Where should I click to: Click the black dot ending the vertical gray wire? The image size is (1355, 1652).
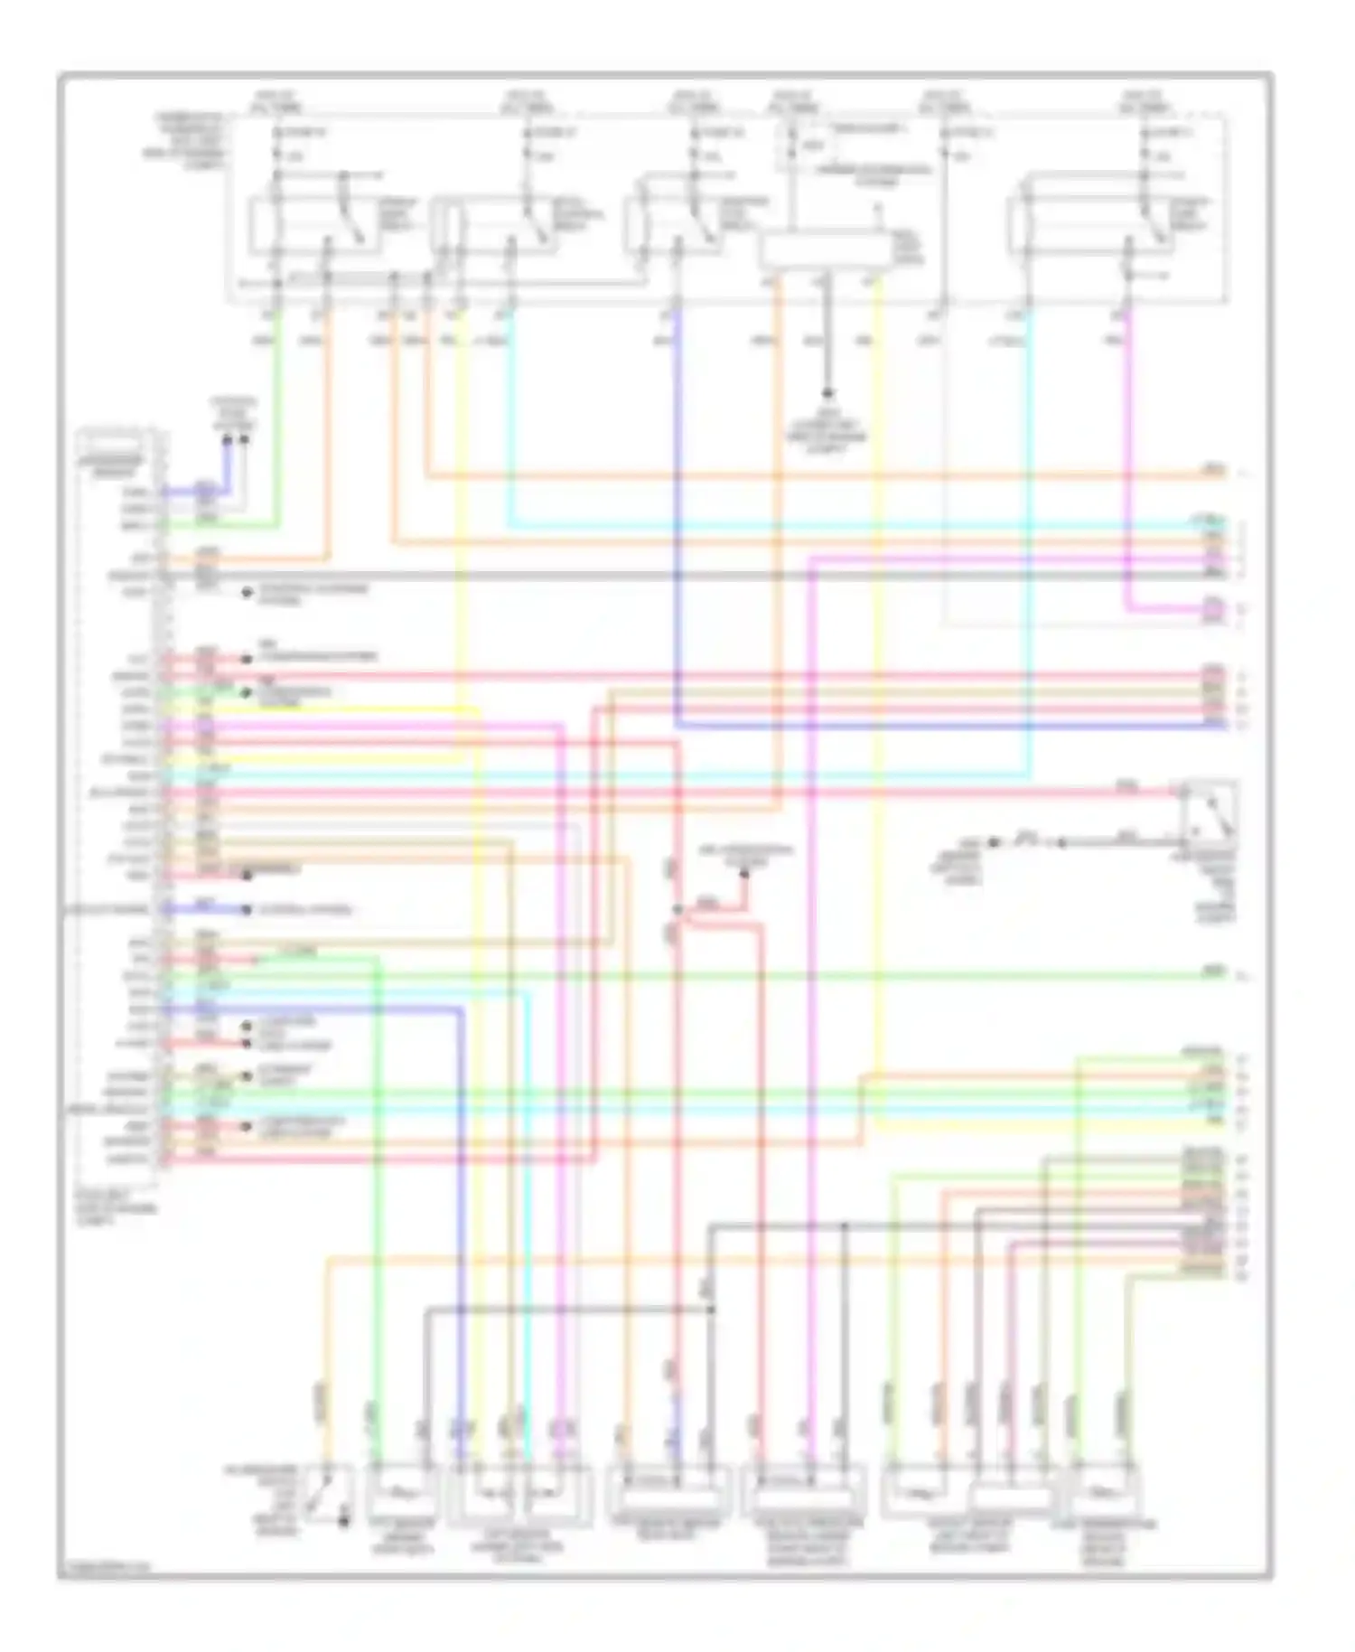(x=827, y=394)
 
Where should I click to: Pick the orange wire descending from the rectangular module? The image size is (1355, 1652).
(x=778, y=542)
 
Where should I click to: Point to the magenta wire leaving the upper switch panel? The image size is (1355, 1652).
(x=1127, y=452)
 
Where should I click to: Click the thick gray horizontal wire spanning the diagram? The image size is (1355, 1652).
(x=632, y=576)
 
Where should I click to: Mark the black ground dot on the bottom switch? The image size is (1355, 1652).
(x=344, y=1522)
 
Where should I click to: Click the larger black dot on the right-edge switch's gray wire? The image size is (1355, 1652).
(x=994, y=842)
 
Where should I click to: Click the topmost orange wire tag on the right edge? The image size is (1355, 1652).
(x=1214, y=471)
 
